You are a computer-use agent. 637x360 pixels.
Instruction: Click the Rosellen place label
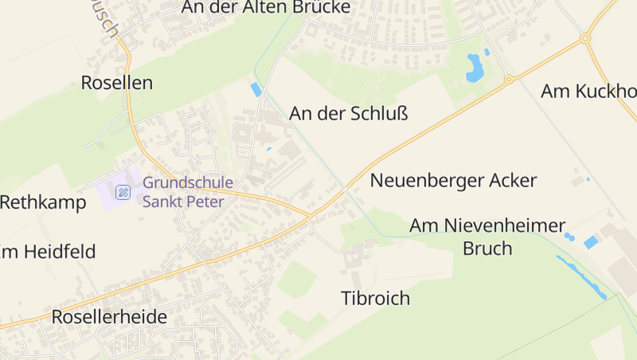(x=117, y=83)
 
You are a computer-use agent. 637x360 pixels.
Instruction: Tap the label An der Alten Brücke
(x=266, y=8)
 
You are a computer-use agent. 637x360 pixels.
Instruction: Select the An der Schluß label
(x=349, y=114)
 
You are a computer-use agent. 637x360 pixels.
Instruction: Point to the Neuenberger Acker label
(x=454, y=181)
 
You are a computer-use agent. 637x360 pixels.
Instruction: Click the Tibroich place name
(x=375, y=299)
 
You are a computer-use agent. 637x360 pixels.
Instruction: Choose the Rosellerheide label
(x=109, y=317)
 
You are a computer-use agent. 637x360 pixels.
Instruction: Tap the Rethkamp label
(x=43, y=203)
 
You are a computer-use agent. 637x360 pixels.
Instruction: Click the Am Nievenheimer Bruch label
(x=487, y=237)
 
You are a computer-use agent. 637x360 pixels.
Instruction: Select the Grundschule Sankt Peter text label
(x=188, y=192)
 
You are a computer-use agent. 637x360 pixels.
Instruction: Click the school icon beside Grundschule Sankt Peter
(x=123, y=192)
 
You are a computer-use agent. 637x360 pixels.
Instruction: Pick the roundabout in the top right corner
(x=585, y=38)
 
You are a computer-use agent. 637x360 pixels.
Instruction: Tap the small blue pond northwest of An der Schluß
(x=256, y=89)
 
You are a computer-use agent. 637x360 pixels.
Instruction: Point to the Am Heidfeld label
(x=48, y=252)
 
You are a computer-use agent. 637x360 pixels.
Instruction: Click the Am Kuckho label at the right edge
(x=588, y=92)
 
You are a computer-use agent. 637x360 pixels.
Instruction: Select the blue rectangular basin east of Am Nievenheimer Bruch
(x=591, y=242)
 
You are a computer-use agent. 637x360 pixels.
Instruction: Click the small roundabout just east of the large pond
(x=509, y=79)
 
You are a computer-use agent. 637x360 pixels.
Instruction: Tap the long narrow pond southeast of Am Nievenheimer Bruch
(x=584, y=278)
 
